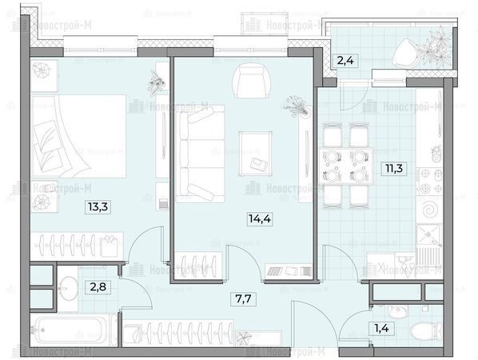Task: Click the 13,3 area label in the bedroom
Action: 98,207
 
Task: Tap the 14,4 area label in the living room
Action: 260,218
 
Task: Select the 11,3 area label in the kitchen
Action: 394,168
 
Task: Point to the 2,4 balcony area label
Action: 345,61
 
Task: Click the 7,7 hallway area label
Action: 243,298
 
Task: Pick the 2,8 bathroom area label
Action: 98,287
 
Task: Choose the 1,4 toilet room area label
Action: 381,329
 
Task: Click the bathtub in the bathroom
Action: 70,330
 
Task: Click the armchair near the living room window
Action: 252,81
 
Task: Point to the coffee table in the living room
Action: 256,154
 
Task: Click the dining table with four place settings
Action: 345,166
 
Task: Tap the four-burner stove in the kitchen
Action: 430,182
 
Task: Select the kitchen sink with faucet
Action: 429,234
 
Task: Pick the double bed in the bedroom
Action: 78,136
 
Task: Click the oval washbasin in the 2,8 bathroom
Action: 68,288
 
